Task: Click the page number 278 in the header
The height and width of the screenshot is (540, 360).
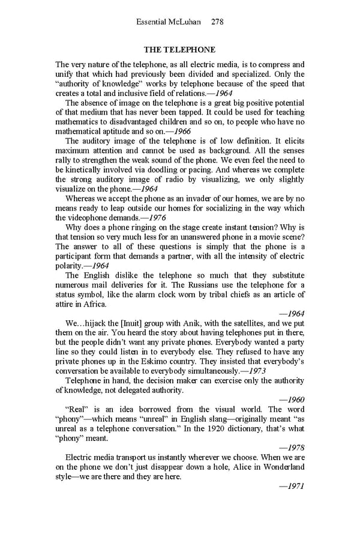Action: [x=218, y=22]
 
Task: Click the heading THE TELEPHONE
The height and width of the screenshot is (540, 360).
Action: [x=179, y=49]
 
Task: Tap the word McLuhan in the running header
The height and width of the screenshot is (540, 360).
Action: [x=184, y=22]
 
